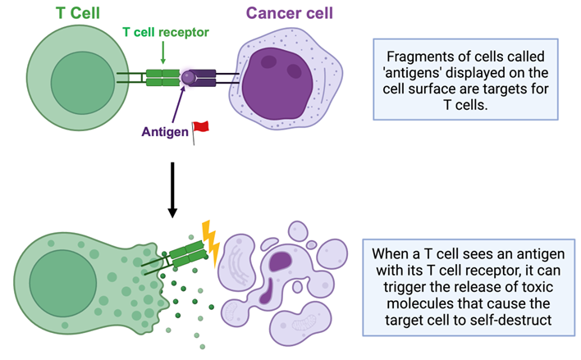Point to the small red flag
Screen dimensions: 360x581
pos(200,128)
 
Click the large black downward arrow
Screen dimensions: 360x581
pos(172,189)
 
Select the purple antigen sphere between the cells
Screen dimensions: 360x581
pos(189,77)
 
